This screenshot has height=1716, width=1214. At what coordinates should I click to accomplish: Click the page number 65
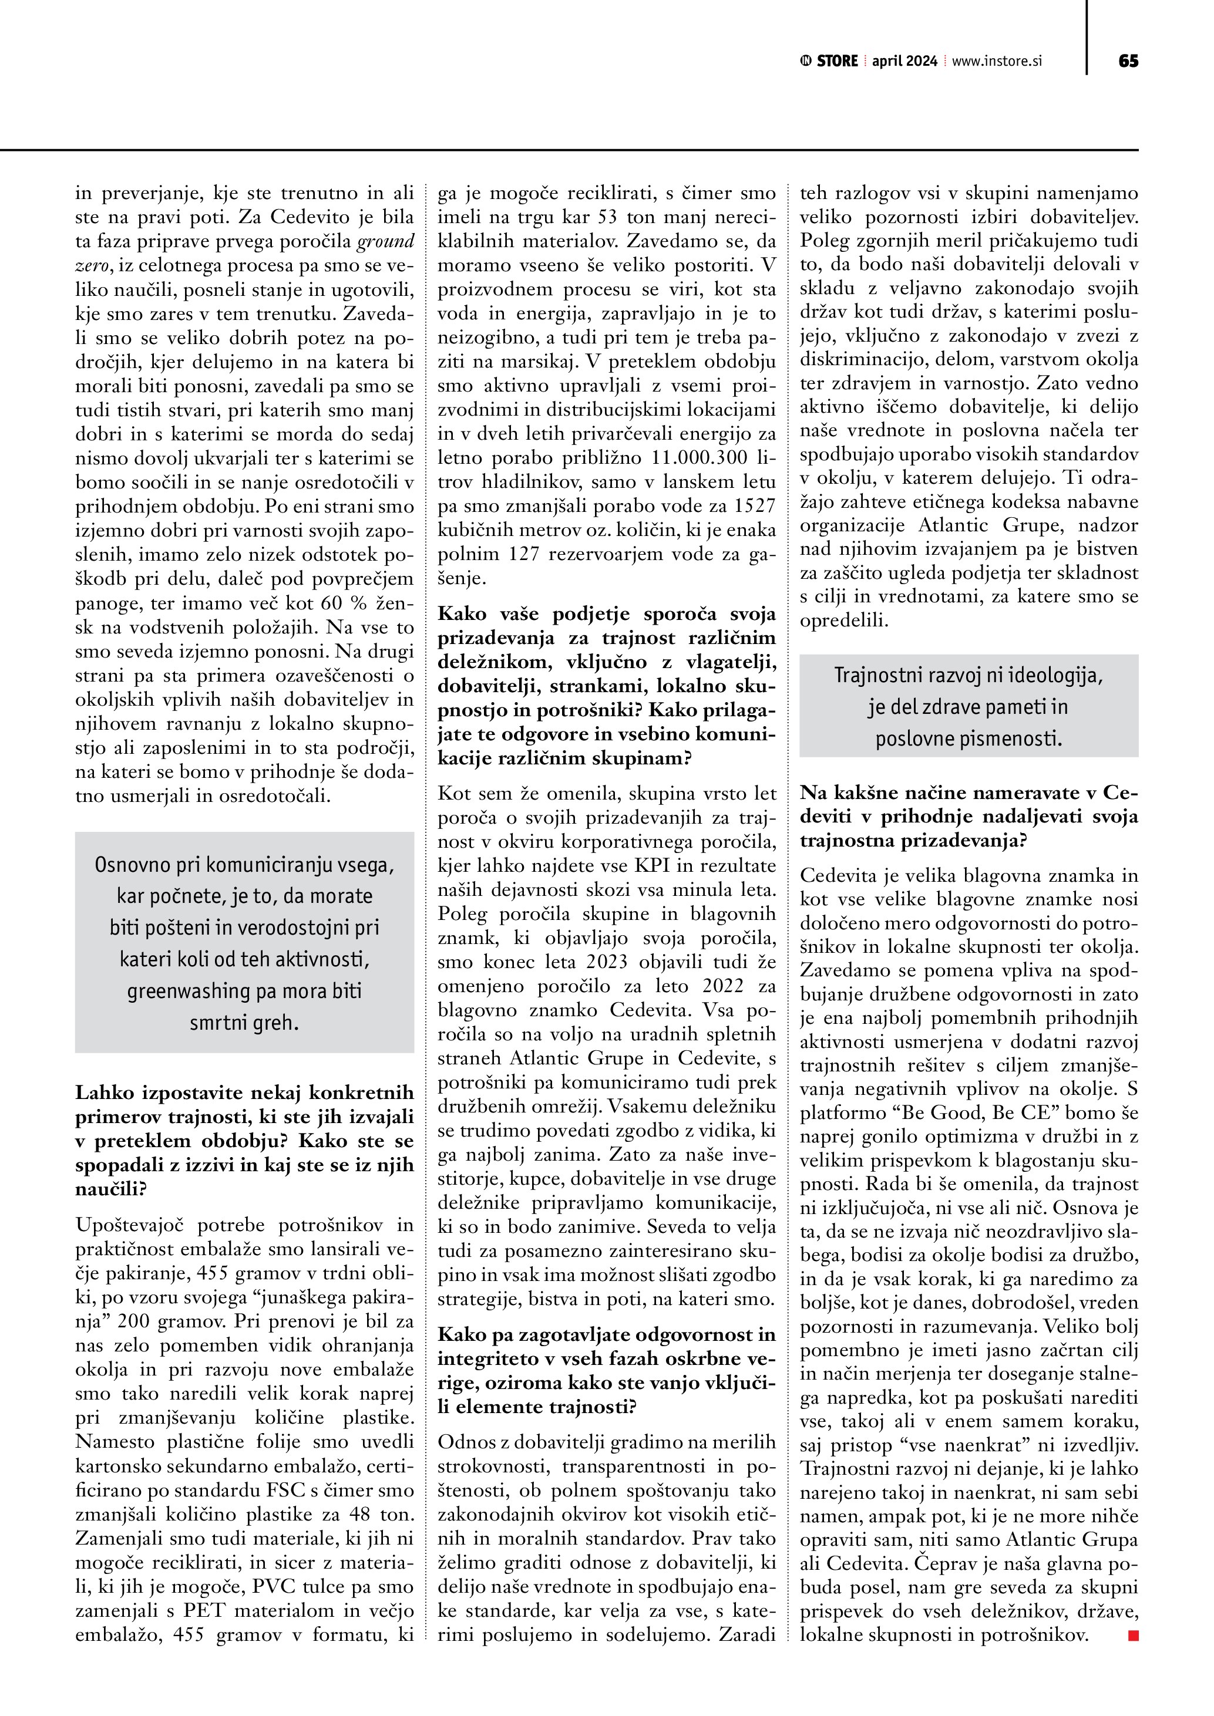point(1128,61)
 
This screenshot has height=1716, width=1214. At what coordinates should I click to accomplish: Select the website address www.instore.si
point(997,61)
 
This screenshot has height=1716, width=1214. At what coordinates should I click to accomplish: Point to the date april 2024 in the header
point(904,61)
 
